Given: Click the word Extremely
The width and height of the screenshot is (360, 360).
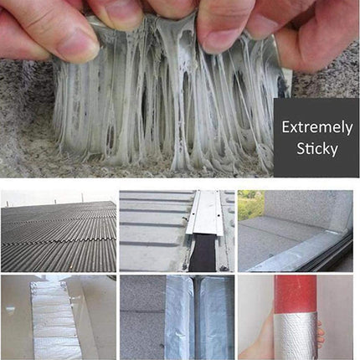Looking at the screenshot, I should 316,128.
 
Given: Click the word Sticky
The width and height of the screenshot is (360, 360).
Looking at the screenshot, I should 316,150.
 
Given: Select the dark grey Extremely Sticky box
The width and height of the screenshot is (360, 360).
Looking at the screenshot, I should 316,138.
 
